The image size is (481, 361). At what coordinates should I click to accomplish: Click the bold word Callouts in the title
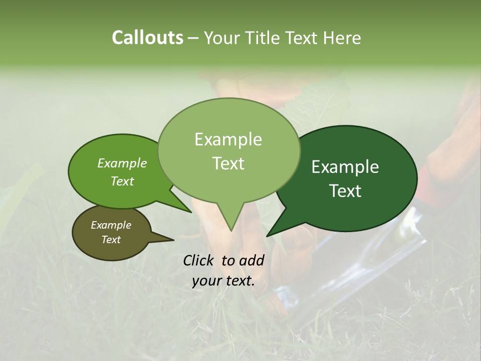pos(147,38)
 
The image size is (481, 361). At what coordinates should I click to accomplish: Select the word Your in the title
pos(221,38)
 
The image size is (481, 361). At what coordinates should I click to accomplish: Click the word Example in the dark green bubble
pos(345,167)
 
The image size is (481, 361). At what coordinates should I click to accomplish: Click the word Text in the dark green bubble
pos(346,191)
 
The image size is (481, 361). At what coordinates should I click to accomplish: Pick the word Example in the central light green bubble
pos(228,139)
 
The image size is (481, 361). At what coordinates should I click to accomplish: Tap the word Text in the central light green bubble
pos(228,163)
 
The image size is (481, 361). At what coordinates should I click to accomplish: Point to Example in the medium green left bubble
pos(122,163)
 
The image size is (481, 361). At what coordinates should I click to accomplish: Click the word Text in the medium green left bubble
pos(122,181)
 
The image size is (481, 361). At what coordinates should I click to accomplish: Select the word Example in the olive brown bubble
pos(111,225)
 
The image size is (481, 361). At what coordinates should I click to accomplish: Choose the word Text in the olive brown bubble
pos(111,240)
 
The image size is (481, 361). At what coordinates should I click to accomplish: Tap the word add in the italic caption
pos(252,260)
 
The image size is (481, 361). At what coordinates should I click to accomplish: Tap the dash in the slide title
pos(194,38)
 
